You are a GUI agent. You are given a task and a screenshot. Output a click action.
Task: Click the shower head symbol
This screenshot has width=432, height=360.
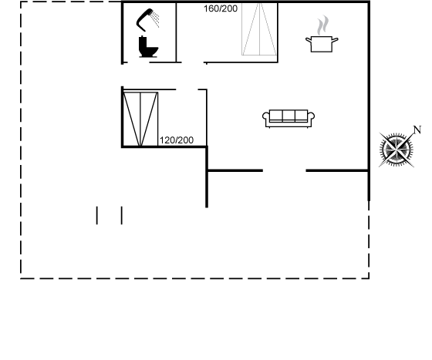pyautogui.click(x=143, y=21)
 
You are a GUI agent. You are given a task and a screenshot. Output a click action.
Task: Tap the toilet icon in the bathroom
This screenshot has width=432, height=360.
pyautogui.click(x=148, y=47)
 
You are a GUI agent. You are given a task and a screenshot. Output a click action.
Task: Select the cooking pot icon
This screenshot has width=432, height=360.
pyautogui.click(x=322, y=44)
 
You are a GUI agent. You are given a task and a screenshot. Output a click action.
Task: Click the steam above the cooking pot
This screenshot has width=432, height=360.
pyautogui.click(x=323, y=25)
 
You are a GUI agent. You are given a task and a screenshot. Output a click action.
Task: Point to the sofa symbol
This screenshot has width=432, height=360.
pyautogui.click(x=289, y=119)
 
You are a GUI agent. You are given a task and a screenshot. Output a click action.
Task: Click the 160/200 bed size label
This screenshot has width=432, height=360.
pyautogui.click(x=221, y=8)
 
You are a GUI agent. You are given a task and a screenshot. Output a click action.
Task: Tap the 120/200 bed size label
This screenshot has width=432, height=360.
pyautogui.click(x=177, y=140)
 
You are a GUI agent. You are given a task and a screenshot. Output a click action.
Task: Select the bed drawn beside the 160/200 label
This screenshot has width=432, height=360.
pyautogui.click(x=259, y=29)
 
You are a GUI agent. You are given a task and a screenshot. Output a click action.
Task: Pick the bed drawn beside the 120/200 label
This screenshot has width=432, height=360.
pyautogui.click(x=140, y=119)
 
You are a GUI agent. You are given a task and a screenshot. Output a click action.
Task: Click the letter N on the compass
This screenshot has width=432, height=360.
pyautogui.click(x=417, y=130)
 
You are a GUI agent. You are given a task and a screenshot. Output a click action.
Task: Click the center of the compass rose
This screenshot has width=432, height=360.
pyautogui.click(x=397, y=150)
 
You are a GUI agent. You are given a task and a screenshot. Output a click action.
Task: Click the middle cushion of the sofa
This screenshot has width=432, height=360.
pyautogui.click(x=289, y=116)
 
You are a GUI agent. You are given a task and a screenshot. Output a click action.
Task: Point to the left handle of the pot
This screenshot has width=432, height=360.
pyautogui.click(x=309, y=40)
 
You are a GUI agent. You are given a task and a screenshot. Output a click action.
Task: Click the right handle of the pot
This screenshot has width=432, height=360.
pyautogui.click(x=335, y=40)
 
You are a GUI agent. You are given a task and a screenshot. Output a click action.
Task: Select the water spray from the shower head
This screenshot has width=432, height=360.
pyautogui.click(x=156, y=19)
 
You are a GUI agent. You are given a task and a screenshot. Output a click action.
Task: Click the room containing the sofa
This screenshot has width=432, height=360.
pyautogui.click(x=288, y=116)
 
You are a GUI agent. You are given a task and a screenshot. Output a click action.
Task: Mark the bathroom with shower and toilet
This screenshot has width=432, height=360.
pyautogui.click(x=149, y=32)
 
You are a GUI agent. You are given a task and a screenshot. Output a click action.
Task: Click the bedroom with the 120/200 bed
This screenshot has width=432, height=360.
pyautogui.click(x=165, y=119)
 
